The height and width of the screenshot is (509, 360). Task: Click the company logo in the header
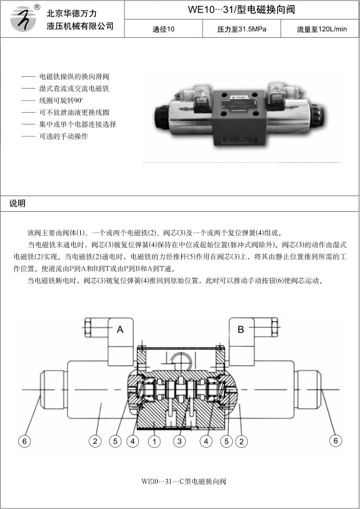point(23,18)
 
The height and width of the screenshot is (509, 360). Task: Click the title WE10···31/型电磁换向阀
point(241,9)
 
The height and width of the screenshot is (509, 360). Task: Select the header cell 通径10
point(164,29)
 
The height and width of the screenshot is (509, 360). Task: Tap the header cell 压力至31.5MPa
point(242,29)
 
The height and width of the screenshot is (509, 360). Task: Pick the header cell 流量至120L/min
point(322,29)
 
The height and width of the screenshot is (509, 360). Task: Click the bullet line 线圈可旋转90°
point(53,100)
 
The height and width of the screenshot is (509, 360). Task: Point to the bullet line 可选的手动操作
point(55,136)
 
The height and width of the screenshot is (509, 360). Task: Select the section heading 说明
point(17,203)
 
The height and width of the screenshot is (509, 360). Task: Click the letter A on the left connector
point(120,330)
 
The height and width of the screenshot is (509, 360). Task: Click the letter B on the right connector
point(241,330)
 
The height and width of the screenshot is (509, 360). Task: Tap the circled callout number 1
point(155,441)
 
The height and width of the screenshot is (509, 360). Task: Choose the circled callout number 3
point(179,441)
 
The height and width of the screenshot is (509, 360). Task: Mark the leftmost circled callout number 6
point(24,441)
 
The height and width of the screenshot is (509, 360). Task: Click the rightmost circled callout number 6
point(336,441)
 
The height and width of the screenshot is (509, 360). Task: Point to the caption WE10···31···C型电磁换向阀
point(183,481)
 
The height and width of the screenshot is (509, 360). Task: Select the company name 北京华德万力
point(72,13)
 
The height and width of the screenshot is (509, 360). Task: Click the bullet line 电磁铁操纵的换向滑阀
point(65,77)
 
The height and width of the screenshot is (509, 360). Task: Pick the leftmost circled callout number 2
point(95,441)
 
